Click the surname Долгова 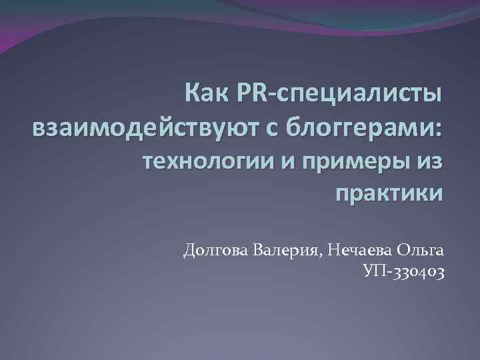point(217,251)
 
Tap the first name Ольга point(420,251)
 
